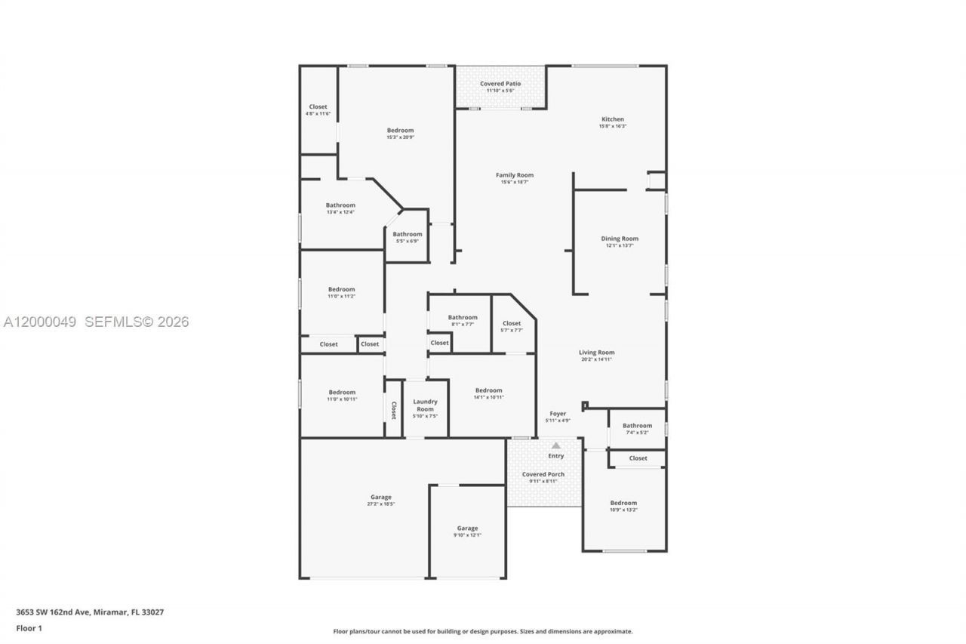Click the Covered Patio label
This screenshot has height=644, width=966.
[x=500, y=84]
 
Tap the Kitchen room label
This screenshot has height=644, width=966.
[x=612, y=119]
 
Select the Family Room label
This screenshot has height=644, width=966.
[x=514, y=175]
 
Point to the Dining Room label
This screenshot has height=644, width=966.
[x=619, y=239]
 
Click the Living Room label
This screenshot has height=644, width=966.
[x=596, y=353]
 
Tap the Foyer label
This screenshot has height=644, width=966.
[x=557, y=414]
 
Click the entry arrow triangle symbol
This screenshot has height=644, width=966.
[x=556, y=445]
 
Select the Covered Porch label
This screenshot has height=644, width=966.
[x=543, y=475]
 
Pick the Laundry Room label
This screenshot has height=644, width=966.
[x=425, y=405]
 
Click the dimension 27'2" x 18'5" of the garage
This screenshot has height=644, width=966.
[x=380, y=504]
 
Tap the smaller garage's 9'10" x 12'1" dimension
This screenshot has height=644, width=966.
[x=467, y=535]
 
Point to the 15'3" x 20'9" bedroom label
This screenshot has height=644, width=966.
[x=400, y=131]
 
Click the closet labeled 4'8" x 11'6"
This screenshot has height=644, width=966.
[x=318, y=107]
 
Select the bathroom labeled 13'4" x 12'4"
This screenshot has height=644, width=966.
[x=340, y=205]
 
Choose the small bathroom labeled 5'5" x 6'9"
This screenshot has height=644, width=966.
[x=407, y=234]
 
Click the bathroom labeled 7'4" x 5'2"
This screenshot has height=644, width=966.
[x=637, y=426]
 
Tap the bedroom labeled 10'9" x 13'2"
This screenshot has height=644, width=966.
[x=623, y=503]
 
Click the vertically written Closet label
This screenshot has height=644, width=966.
[x=393, y=410]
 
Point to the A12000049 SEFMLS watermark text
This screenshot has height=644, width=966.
[x=96, y=322]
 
